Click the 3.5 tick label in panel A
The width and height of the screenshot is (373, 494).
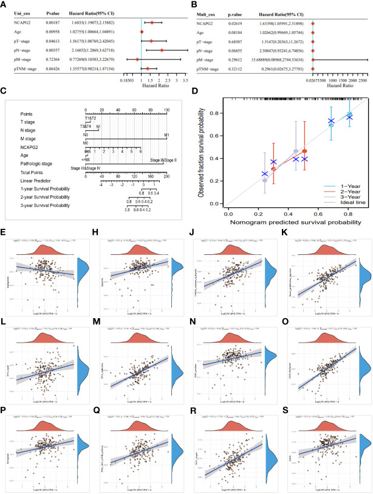177,80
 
